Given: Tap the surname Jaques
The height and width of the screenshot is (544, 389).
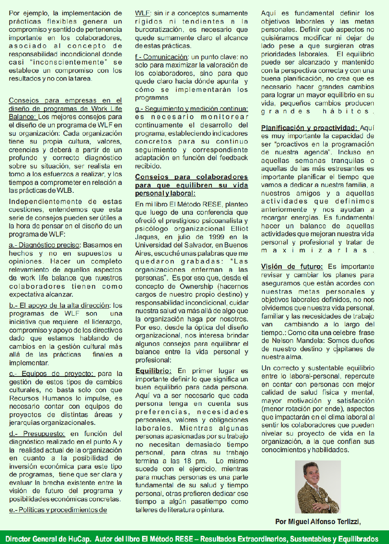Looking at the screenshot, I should point(146,237).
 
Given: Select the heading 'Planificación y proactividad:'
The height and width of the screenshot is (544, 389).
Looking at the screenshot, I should point(310,128).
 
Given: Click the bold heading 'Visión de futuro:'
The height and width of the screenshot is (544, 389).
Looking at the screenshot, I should point(292,267).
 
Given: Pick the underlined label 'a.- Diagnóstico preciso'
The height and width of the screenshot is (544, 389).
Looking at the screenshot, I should point(44,245).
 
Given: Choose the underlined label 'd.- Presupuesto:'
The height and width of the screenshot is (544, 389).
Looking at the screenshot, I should point(37,434).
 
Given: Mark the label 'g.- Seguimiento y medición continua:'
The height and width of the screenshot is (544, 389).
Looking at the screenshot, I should point(192,109).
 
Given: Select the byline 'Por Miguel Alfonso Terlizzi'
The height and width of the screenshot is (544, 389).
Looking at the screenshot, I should point(318,522).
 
